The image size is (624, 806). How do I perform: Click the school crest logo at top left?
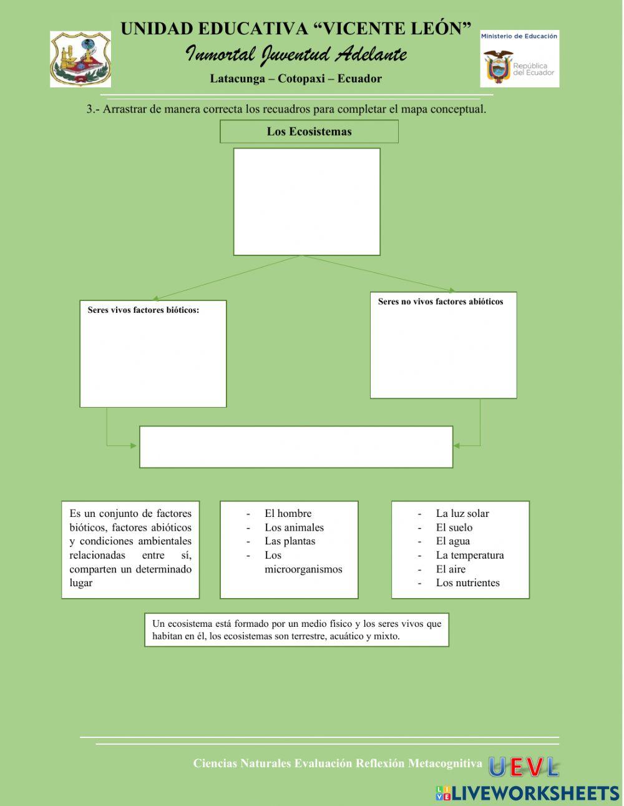tap(80, 59)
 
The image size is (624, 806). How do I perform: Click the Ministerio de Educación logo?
tap(519, 59)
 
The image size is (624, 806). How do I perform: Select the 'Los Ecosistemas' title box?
tap(309, 132)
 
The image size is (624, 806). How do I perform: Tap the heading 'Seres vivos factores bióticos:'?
tap(144, 310)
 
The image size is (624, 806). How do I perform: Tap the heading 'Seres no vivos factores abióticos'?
tap(441, 302)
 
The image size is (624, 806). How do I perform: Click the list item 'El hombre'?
tap(288, 514)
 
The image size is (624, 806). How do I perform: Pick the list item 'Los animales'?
tap(294, 528)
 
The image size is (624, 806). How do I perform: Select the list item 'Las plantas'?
tap(290, 541)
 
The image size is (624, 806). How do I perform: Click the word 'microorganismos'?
tap(303, 569)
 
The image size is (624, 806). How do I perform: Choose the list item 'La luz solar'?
tap(462, 514)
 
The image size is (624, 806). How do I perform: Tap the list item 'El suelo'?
tap(454, 528)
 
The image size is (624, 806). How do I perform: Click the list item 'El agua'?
tap(453, 541)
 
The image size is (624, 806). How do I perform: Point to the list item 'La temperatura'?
tap(470, 555)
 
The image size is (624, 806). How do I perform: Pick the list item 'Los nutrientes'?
tap(468, 583)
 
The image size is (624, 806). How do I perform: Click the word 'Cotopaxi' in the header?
tap(299, 79)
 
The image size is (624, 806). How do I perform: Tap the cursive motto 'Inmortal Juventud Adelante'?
tap(296, 55)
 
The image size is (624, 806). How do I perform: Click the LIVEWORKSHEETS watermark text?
tap(535, 793)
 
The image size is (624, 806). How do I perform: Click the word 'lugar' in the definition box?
tap(81, 583)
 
